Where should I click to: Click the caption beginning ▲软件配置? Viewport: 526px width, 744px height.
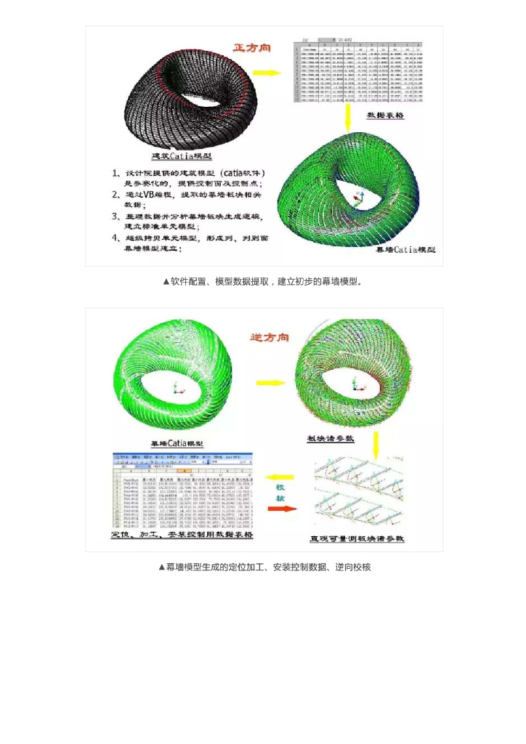(262, 280)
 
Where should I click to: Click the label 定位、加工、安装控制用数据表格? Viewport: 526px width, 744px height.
(182, 534)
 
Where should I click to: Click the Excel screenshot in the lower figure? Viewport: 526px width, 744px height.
(182, 490)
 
